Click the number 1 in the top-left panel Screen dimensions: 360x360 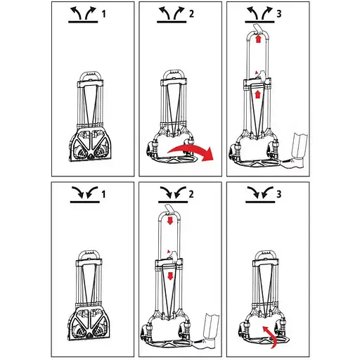click(x=104, y=14)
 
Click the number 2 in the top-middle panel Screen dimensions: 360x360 click(x=191, y=14)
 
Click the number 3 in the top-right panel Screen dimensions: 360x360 click(x=279, y=14)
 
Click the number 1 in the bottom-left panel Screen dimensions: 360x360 click(x=103, y=194)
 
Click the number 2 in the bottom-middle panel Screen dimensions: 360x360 click(x=191, y=194)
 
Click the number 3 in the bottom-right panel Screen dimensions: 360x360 click(x=278, y=194)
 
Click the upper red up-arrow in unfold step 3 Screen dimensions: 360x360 click(x=258, y=39)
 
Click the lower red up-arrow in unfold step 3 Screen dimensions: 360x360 click(x=257, y=94)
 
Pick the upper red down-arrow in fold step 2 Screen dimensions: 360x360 click(x=170, y=221)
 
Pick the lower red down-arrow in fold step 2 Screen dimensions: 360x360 click(x=170, y=276)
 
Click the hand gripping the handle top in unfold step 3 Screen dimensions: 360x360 click(x=258, y=29)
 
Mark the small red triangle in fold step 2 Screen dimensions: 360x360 click(x=168, y=252)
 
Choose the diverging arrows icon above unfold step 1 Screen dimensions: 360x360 click(x=83, y=15)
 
